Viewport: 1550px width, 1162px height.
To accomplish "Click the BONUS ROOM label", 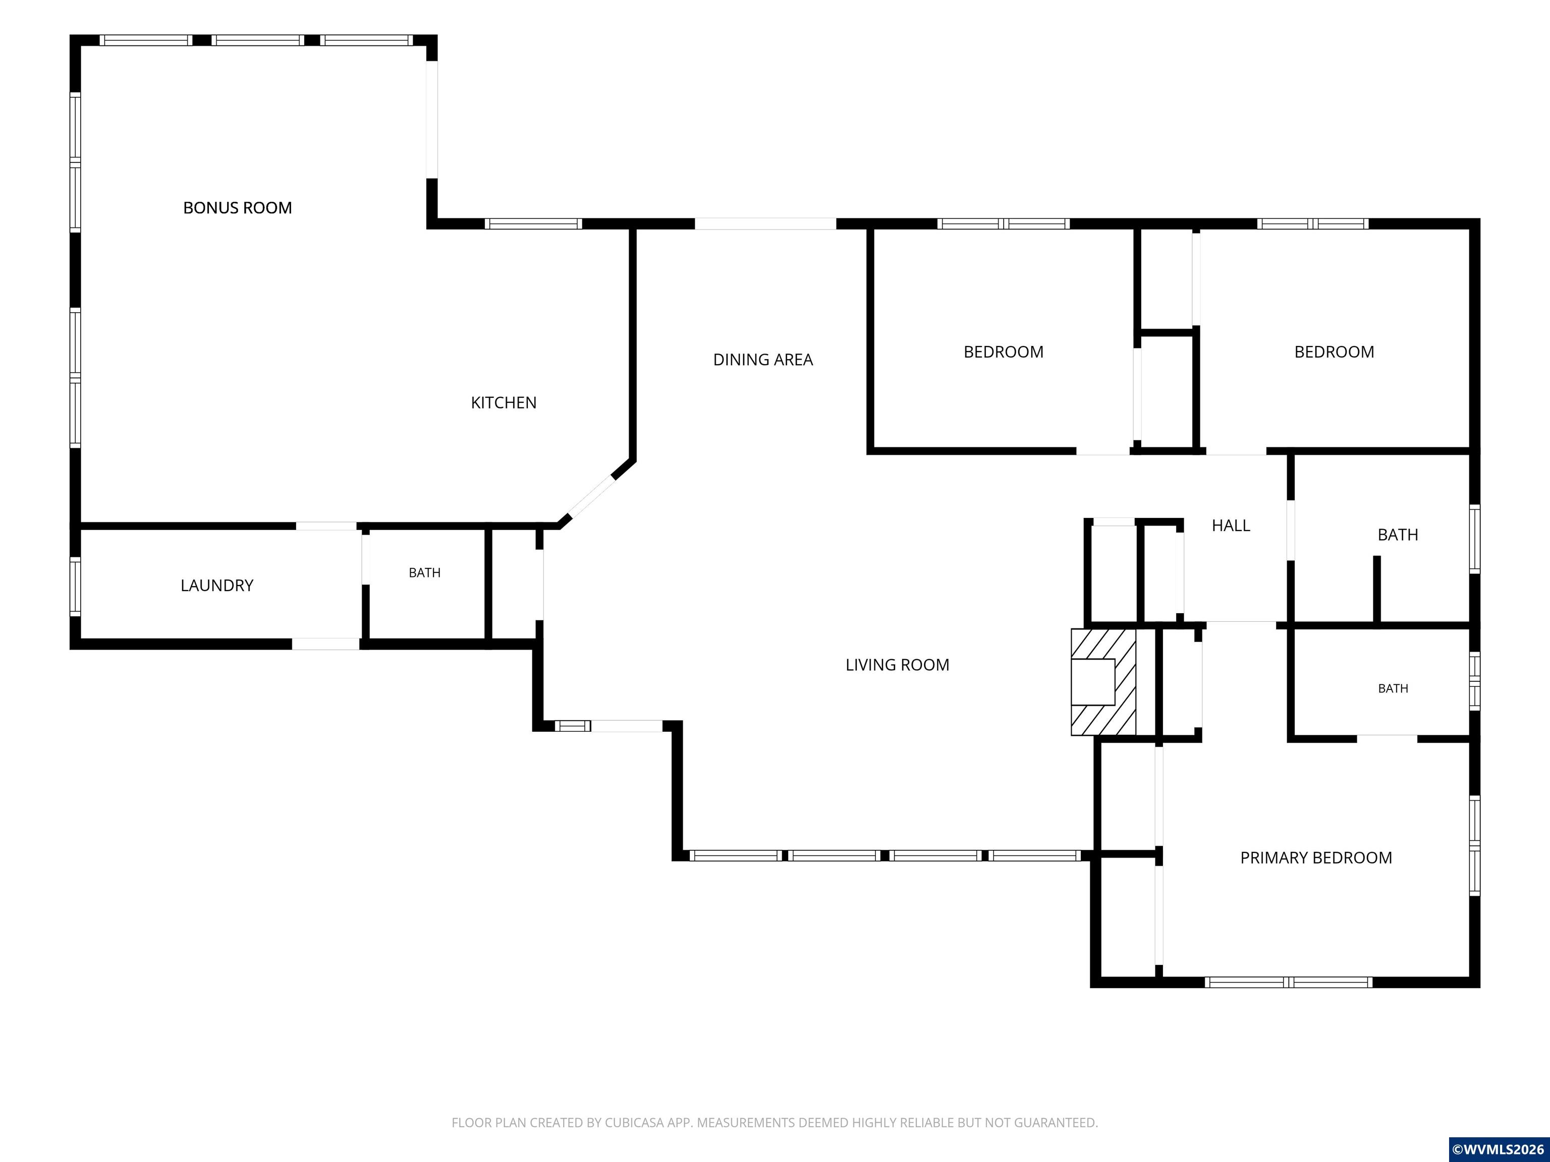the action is coord(238,208).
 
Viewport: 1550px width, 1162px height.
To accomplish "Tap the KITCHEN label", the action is coord(504,403).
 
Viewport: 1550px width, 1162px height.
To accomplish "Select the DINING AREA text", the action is coord(763,360).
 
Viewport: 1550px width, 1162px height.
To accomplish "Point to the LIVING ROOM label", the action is coord(898,665).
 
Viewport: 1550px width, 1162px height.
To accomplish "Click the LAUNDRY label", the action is coord(217,586).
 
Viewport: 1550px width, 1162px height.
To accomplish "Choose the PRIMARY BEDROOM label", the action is coord(1316,858).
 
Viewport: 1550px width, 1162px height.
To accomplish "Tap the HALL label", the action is coord(1231,526).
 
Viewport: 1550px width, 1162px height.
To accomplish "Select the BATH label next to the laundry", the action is coord(425,573).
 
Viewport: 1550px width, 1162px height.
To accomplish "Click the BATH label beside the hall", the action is coord(1398,535).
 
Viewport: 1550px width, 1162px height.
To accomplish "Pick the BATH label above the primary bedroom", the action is coord(1393,688).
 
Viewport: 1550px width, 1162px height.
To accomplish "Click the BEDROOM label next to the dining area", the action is coord(1004,353).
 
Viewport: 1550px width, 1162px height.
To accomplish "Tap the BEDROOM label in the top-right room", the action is coord(1334,353).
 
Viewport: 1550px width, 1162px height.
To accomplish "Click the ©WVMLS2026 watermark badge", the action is coord(1498,1149).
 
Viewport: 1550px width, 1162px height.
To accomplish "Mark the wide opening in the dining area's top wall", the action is coord(765,224).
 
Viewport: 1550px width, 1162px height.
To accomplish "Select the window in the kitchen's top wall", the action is coord(533,224).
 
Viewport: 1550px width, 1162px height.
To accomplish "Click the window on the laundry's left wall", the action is coord(75,586).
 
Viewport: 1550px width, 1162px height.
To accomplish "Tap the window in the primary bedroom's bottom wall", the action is coord(1289,982).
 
